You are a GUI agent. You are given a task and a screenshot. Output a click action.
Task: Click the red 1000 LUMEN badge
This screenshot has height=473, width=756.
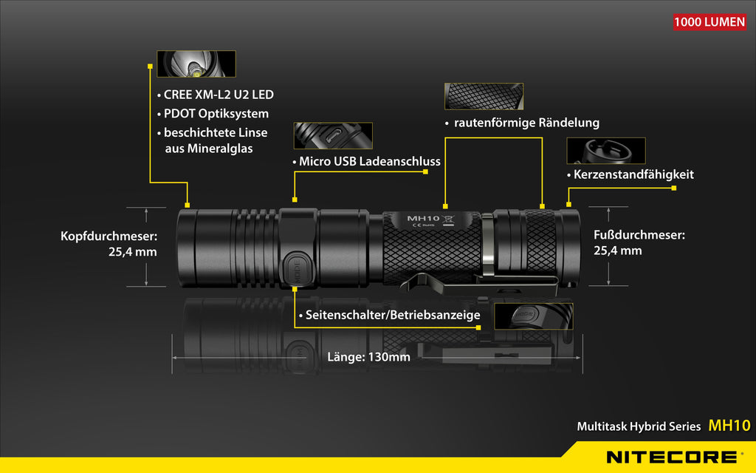pos(709,22)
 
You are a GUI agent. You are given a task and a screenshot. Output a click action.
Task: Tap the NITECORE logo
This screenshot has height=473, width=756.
pos(671,457)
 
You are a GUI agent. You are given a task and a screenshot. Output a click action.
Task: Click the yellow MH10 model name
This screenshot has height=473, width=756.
pos(729,425)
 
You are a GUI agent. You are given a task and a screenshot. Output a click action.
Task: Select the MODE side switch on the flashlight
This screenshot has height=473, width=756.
pos(297,269)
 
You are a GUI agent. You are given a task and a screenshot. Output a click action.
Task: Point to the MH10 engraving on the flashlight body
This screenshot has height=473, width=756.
pos(423,219)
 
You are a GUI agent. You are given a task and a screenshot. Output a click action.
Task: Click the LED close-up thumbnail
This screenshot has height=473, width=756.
pos(196,64)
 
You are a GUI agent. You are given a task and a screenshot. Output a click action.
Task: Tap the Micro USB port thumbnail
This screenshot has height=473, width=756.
pos(333,136)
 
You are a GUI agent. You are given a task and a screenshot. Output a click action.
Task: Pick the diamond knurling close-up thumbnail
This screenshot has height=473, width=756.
pos(484,96)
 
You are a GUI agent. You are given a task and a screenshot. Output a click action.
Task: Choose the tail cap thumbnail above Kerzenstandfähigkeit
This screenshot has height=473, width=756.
pos(606,151)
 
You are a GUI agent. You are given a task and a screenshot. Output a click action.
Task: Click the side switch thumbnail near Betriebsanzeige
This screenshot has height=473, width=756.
pos(534,316)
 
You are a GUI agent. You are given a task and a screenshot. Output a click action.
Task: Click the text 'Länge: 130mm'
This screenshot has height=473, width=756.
pos(369,357)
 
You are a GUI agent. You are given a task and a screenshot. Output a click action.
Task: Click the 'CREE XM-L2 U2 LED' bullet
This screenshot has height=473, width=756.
pos(216,95)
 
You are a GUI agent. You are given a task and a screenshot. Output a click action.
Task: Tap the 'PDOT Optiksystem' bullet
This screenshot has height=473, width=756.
pos(213,113)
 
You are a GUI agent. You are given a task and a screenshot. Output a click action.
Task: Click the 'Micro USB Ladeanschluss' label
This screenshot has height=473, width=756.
pos(367,161)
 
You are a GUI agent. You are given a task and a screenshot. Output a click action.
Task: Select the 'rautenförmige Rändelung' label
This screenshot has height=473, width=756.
pos(522,123)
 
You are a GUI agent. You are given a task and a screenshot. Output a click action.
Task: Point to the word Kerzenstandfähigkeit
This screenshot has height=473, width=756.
pos(633,174)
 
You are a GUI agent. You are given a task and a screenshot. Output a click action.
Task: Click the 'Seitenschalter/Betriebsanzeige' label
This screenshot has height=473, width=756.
pos(390,315)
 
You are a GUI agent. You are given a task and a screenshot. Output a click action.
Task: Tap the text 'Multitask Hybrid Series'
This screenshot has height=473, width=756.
pos(639,426)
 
